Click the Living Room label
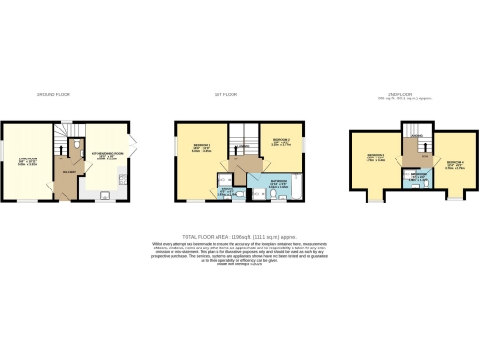coord(27,160)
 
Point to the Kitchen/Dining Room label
coord(104,157)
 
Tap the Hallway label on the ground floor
coord(68,171)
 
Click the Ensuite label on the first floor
coord(229,188)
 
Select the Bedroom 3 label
coord(374,157)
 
